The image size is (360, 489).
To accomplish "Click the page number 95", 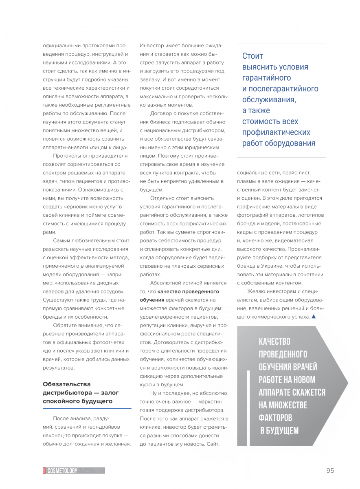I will [330, 470].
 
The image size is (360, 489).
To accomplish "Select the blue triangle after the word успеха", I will [313, 317].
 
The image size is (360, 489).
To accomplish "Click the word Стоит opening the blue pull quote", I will [252, 56].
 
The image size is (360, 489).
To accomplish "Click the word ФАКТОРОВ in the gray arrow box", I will [275, 418].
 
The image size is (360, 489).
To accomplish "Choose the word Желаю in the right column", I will [256, 291].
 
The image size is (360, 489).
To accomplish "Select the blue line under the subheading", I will [87, 408].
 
